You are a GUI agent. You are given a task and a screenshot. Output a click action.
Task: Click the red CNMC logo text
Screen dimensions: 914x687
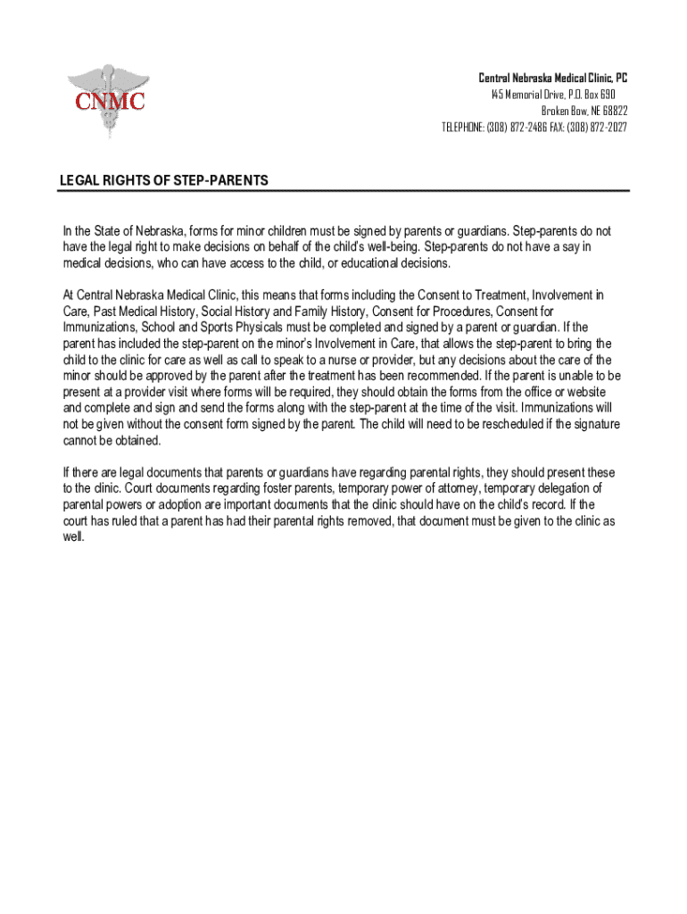click(110, 101)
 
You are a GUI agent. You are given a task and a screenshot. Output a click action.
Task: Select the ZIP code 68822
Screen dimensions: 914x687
click(610, 111)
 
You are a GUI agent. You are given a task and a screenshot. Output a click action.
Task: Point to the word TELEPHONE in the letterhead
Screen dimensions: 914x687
click(461, 127)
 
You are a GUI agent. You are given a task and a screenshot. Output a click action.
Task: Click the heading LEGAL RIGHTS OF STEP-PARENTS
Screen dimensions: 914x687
click(163, 180)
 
